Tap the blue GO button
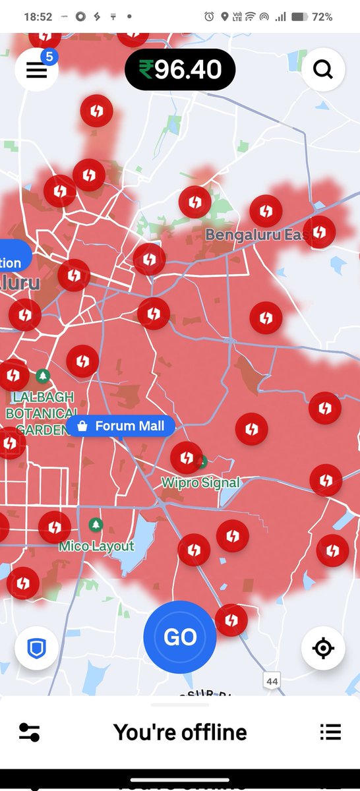click(180, 637)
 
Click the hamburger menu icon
click(36, 70)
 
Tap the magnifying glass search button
click(323, 69)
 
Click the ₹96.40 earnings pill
click(180, 69)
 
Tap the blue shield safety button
click(36, 649)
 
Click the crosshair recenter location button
click(323, 649)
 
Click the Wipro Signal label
click(201, 483)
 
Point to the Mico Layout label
click(96, 546)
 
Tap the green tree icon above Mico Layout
click(96, 525)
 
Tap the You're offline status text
click(180, 732)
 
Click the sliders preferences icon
click(30, 732)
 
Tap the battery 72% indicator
click(312, 16)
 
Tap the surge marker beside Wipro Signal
click(186, 457)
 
